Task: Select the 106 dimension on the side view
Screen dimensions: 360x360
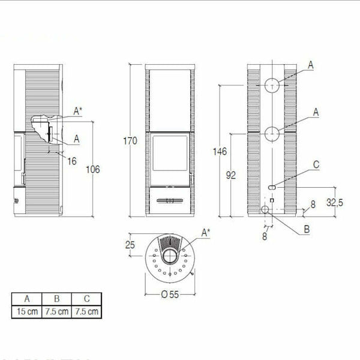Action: coord(92,169)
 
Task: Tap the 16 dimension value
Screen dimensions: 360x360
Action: coord(72,161)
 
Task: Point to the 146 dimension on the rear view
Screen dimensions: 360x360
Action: coord(220,151)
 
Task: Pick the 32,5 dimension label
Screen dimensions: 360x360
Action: coord(334,203)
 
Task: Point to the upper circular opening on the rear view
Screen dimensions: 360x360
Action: coord(272,85)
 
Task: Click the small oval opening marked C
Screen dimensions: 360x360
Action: coord(272,187)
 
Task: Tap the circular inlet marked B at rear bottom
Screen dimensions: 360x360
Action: coord(265,209)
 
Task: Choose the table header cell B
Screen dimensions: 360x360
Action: coord(57,298)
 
